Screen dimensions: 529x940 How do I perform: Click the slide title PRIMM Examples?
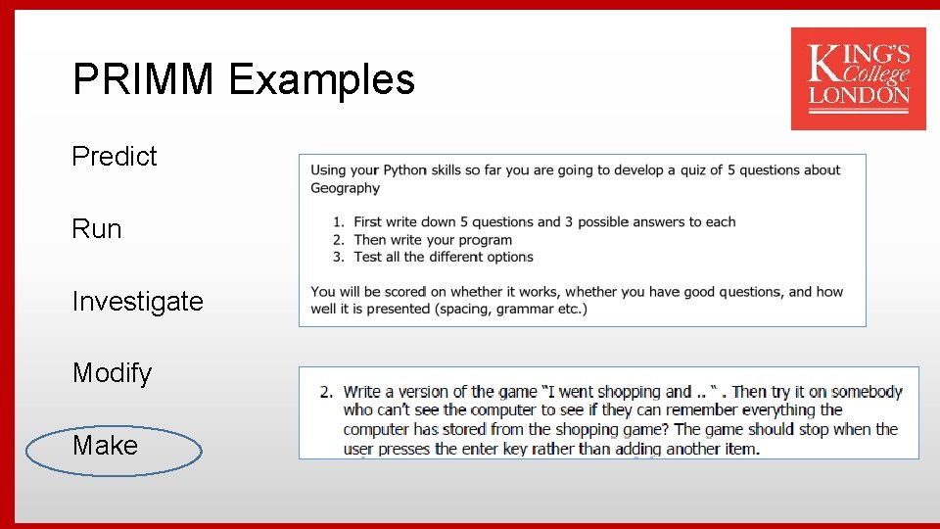click(244, 79)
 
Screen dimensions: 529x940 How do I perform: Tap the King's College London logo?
click(858, 78)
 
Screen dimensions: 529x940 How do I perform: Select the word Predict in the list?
click(115, 157)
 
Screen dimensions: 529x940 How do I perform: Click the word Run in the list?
click(97, 229)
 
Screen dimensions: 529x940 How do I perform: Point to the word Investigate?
click(137, 301)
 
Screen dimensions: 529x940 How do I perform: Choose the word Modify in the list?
click(113, 373)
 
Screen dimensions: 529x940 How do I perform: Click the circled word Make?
click(105, 446)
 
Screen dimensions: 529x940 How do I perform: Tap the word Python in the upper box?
click(405, 169)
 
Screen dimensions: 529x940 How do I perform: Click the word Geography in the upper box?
click(345, 188)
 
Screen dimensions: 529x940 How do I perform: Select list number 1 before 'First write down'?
click(338, 222)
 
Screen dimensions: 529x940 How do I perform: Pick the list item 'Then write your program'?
click(433, 240)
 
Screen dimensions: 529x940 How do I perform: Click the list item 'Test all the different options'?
click(444, 257)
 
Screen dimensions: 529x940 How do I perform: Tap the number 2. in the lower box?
click(326, 392)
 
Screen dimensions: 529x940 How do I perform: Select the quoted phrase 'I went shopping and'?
click(616, 392)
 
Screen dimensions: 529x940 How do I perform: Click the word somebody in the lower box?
click(867, 392)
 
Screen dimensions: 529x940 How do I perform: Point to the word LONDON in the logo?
click(859, 96)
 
